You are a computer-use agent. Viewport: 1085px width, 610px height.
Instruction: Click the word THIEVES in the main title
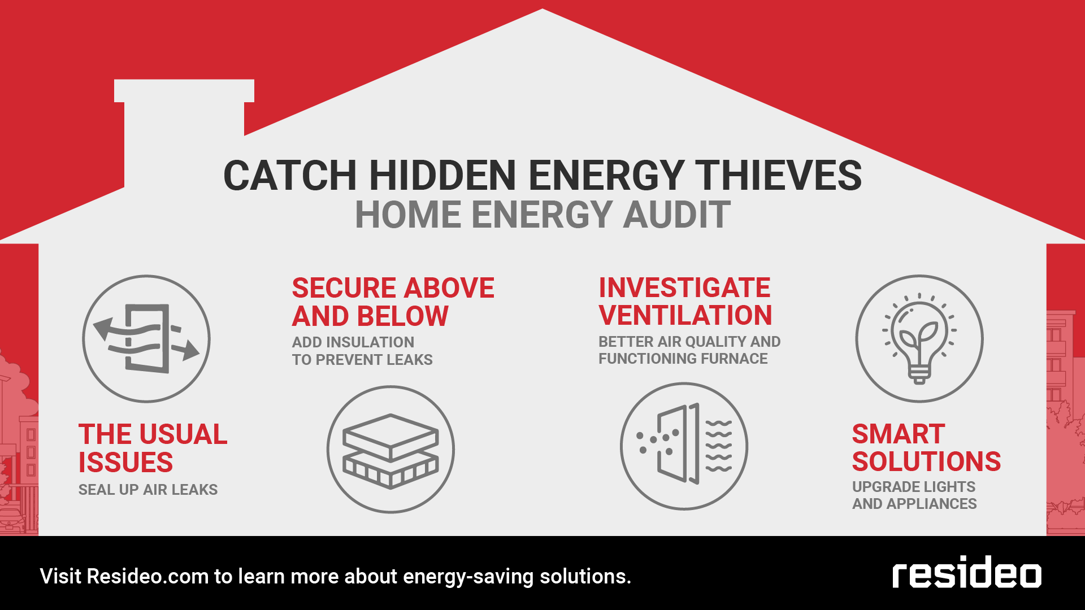point(778,175)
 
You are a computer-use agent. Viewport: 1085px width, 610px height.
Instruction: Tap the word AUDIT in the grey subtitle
point(676,215)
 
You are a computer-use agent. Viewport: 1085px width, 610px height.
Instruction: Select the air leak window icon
point(146,339)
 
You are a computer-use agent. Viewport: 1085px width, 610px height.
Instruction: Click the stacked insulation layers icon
point(390,450)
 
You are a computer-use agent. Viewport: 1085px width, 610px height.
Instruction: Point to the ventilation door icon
point(684,446)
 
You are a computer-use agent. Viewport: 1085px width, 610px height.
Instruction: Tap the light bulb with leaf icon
point(919,339)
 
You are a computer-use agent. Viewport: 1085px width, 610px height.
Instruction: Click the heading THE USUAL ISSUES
point(153,448)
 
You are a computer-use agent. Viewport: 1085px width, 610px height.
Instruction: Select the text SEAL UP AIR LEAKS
point(148,490)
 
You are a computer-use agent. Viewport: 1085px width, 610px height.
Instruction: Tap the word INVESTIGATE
point(684,287)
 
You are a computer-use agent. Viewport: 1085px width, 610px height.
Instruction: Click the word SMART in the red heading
point(899,434)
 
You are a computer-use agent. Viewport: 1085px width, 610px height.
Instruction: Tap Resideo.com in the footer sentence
point(148,577)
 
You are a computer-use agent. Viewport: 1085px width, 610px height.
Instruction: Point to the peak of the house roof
point(542,9)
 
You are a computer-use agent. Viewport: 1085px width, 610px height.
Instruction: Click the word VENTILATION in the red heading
point(685,315)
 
